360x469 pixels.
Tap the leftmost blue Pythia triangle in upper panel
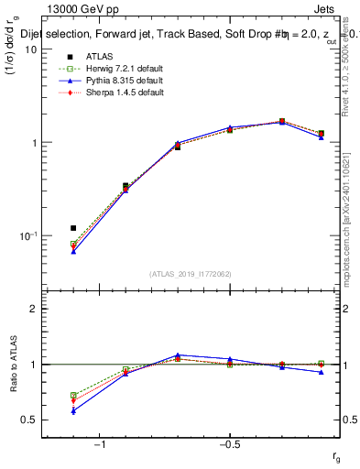click(x=73, y=251)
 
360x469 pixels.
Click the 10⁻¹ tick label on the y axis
click(x=28, y=235)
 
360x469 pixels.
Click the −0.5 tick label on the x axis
click(x=229, y=444)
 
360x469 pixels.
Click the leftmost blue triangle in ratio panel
click(x=73, y=410)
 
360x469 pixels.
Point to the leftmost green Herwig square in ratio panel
click(x=73, y=396)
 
